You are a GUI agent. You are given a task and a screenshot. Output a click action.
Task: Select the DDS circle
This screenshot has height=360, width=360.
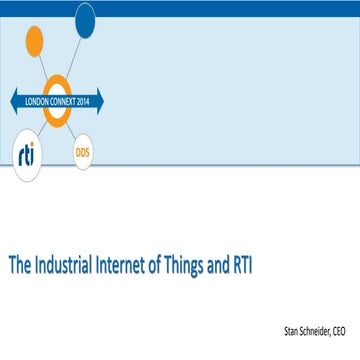pyautogui.click(x=83, y=151)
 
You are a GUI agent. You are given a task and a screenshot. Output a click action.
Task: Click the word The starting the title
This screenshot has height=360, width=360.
pyautogui.click(x=21, y=268)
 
